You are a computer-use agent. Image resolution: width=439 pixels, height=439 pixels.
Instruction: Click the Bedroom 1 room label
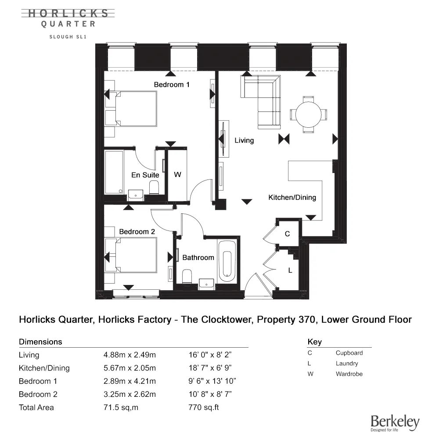coord(171,84)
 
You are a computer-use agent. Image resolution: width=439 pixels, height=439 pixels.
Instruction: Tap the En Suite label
coord(145,175)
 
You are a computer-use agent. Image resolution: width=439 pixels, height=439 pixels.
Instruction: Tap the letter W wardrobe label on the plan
coord(177,175)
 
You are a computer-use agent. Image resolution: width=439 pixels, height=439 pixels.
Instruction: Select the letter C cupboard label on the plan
coord(287,234)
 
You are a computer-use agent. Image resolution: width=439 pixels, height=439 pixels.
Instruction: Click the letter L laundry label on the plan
coord(290,270)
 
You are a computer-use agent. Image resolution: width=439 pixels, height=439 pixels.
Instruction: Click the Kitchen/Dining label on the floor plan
coord(292,198)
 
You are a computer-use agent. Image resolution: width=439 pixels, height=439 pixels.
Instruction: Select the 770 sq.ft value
coord(203,407)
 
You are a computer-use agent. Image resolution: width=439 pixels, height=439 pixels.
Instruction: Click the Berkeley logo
coord(395,422)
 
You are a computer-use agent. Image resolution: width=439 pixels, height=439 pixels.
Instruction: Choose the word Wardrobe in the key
coord(349,374)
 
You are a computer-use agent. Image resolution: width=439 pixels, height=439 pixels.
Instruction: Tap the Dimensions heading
coord(40,342)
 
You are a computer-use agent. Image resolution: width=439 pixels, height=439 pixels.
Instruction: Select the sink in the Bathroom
coord(206,283)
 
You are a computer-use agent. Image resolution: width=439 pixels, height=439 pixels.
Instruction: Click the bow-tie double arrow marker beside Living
coord(284,139)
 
